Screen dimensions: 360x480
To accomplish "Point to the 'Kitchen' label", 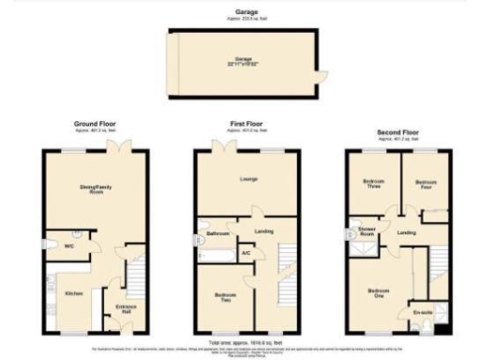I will [73, 293].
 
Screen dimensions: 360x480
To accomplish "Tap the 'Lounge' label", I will [248, 179].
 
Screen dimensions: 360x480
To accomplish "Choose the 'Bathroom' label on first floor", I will [218, 233].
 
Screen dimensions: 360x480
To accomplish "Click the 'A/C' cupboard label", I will [246, 254].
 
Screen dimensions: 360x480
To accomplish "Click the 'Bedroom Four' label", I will [427, 184].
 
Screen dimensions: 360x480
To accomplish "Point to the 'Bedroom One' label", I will [379, 291].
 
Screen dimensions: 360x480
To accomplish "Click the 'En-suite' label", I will [422, 312].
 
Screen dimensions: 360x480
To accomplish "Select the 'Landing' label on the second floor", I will [406, 232].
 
